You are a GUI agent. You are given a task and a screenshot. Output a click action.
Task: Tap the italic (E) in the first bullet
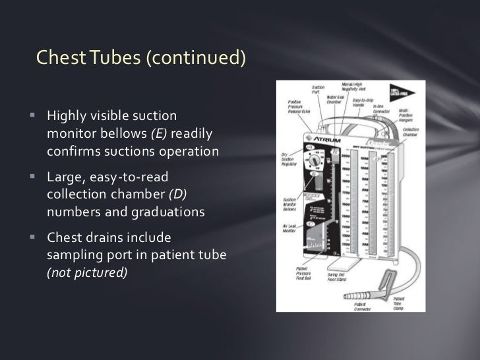point(160,134)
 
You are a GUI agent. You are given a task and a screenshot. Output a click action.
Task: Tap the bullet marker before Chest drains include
point(32,241)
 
